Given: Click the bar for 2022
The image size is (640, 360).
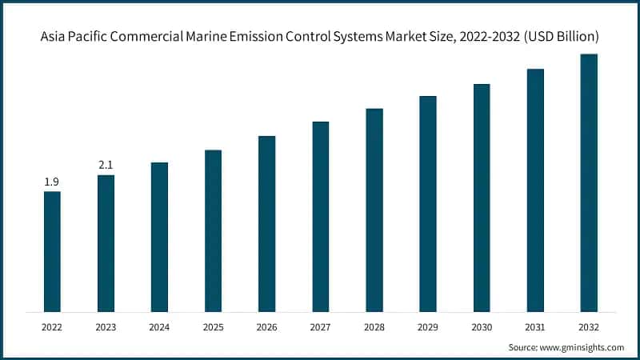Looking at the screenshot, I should tap(52, 251).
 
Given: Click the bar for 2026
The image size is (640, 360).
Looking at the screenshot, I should tap(266, 223).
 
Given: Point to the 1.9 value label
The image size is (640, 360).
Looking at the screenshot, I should tap(52, 182).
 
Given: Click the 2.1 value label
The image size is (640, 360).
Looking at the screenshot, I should tap(106, 165).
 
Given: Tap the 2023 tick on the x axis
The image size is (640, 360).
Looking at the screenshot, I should tap(106, 326).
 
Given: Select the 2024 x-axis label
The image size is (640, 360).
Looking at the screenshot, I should tap(159, 326).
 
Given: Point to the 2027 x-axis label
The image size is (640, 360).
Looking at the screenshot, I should tap(320, 326).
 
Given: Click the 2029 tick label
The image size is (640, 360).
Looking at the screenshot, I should tap(428, 326).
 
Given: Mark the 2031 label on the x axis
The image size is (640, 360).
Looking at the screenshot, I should tap(535, 326).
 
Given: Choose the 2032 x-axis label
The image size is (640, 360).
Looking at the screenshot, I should tap(589, 326).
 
